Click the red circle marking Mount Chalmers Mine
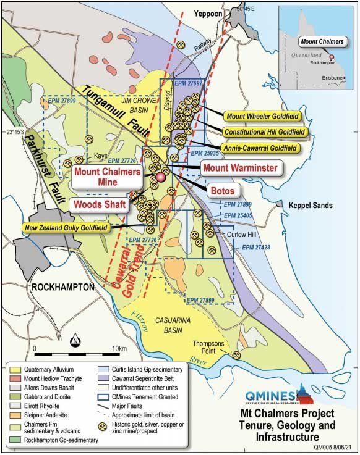pos(161,177)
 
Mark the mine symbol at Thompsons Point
pos(236,354)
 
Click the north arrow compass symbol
pos(75,339)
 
